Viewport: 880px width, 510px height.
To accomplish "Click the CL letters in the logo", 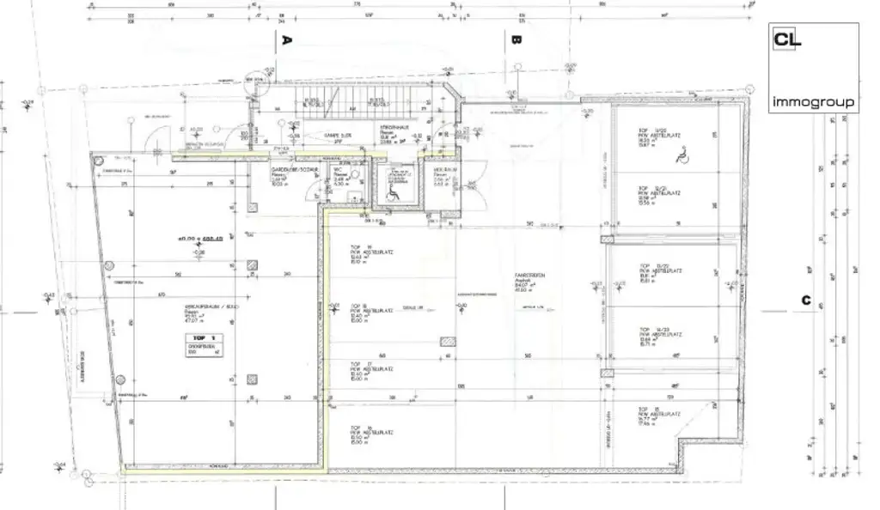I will (x=787, y=39).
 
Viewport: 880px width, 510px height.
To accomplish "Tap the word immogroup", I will (x=813, y=102).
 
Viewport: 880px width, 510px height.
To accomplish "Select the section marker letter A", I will (x=288, y=39).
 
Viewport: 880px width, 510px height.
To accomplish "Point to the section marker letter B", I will (x=516, y=39).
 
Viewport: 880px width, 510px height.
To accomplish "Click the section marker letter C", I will (x=805, y=300).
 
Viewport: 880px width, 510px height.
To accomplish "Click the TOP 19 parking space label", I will (x=358, y=246).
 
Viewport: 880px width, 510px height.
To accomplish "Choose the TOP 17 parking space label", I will (x=358, y=364).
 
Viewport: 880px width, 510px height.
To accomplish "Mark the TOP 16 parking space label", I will (x=358, y=427).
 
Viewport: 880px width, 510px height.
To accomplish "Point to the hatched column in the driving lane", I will (x=447, y=341).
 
